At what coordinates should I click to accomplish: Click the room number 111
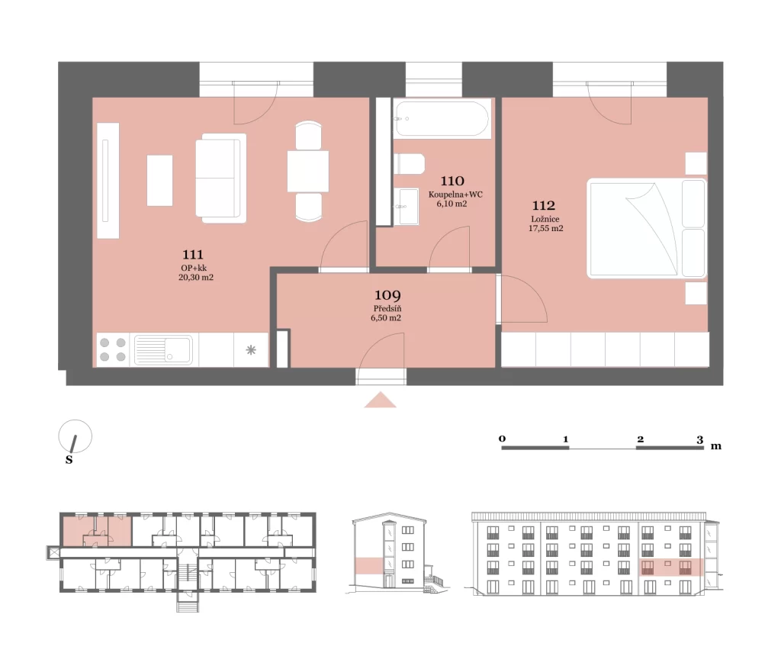193,255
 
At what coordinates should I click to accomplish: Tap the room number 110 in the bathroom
452,181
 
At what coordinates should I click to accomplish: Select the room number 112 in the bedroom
543,205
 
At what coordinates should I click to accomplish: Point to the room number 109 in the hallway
387,295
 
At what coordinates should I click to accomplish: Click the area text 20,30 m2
196,278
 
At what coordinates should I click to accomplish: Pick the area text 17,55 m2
546,229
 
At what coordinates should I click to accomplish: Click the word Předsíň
387,309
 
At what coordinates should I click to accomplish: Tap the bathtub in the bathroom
442,118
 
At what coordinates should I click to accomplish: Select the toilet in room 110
409,164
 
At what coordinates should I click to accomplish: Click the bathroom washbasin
407,206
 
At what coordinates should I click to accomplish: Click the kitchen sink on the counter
163,349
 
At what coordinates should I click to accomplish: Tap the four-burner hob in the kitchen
113,349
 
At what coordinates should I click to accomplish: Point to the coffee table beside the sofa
160,180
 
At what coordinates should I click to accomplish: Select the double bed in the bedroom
647,228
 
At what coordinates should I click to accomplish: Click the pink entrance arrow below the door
380,400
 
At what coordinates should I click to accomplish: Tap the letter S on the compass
69,460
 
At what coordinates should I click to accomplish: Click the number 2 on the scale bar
640,439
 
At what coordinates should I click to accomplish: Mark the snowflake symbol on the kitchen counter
251,349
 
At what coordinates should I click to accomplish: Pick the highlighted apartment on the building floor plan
97,531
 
